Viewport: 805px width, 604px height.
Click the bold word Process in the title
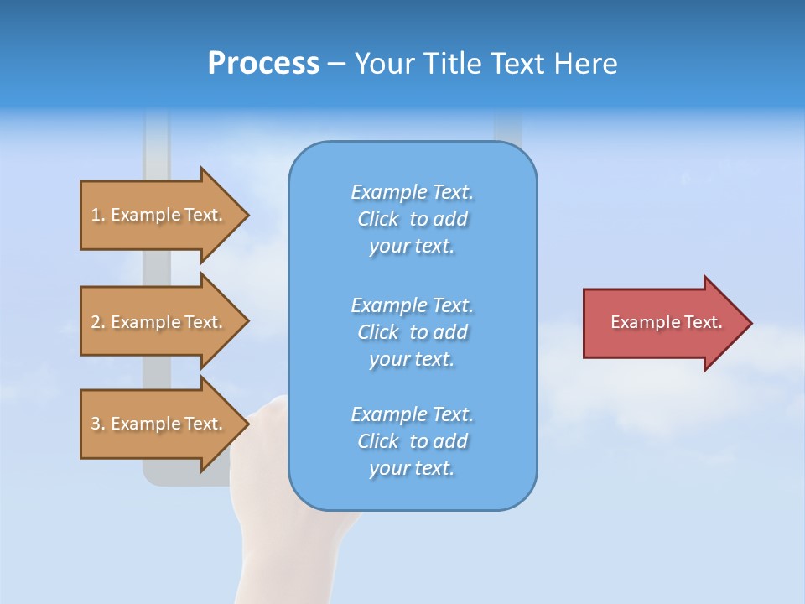263,64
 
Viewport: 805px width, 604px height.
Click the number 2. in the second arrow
98,322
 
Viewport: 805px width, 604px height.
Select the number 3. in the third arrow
98,424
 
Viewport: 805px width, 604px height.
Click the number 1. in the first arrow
98,215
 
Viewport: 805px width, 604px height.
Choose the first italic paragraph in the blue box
412,219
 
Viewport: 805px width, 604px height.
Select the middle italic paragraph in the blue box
412,332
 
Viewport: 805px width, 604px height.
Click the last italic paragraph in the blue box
412,441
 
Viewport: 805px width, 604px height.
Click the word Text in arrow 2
203,322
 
